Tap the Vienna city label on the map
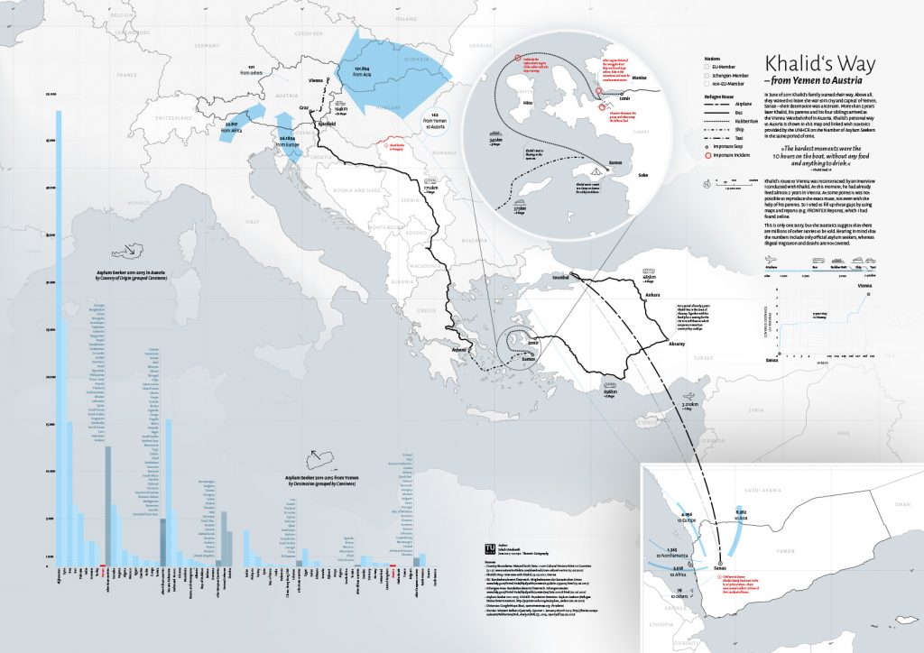coord(315,81)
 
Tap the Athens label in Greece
coord(459,348)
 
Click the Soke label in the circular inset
coord(642,175)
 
